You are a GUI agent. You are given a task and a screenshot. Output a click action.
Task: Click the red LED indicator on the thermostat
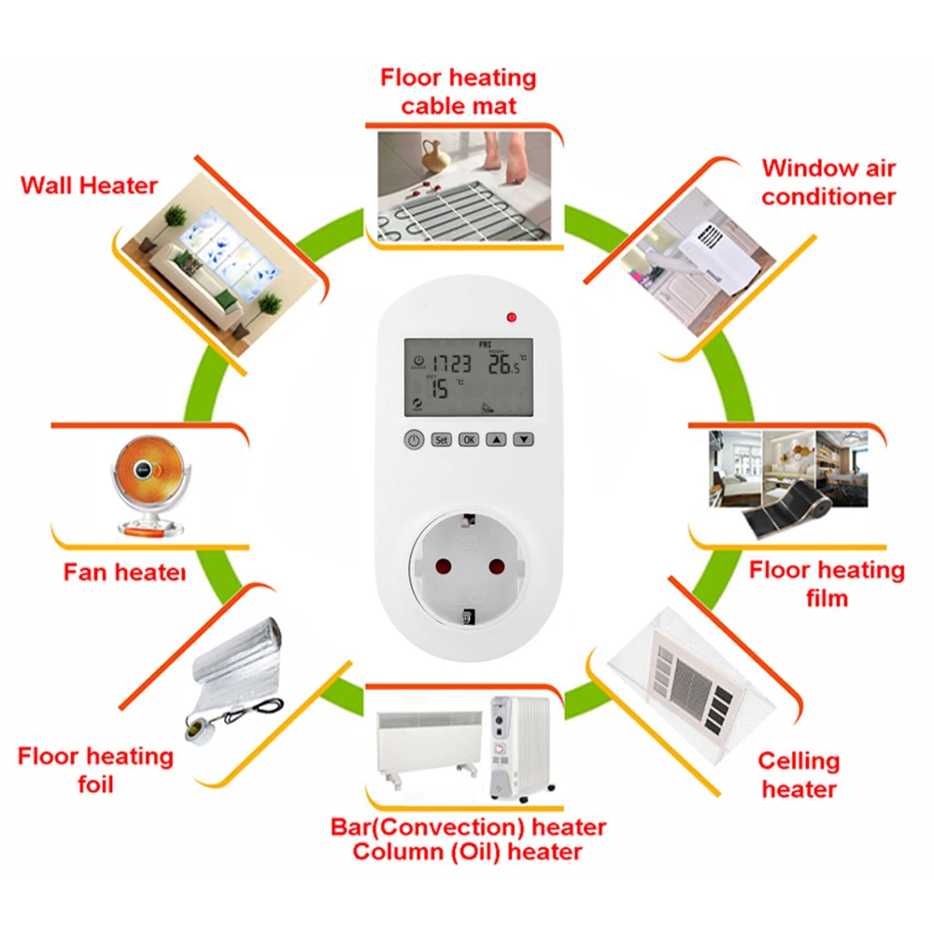511,318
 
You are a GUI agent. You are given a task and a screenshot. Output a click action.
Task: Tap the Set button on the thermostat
441,439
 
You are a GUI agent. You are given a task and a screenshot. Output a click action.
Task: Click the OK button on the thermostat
469,439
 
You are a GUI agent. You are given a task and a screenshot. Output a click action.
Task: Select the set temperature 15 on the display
439,388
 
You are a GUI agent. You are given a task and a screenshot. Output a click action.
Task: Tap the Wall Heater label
89,185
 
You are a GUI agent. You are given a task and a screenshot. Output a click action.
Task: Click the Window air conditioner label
828,182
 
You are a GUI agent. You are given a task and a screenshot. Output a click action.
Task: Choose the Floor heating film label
827,583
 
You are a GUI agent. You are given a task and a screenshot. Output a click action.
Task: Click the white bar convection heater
425,743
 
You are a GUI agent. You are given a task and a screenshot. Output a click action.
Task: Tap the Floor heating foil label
95,769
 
